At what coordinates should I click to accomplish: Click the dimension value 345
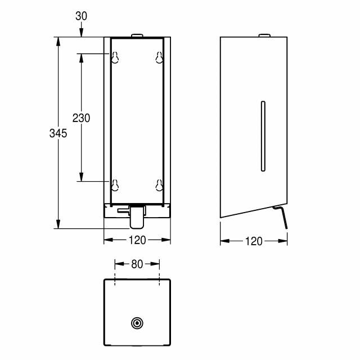click(x=58, y=133)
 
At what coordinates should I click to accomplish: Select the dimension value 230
click(x=81, y=118)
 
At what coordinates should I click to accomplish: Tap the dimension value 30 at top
click(x=81, y=16)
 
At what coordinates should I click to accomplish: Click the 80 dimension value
click(x=137, y=264)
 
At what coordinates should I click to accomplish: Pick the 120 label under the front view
click(x=137, y=240)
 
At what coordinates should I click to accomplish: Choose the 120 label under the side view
click(x=254, y=241)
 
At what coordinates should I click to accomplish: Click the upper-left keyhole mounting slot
click(x=115, y=57)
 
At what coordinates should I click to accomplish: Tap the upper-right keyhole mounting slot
click(x=159, y=57)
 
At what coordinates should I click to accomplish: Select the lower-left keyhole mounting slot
click(x=115, y=185)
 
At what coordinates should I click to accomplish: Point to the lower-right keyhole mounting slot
click(x=159, y=185)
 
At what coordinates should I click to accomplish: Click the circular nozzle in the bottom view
click(x=137, y=323)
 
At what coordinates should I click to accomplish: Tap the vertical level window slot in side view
click(x=263, y=136)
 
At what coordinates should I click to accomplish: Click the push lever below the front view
click(x=137, y=217)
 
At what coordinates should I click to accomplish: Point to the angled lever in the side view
click(x=280, y=217)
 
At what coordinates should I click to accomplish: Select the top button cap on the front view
click(x=137, y=35)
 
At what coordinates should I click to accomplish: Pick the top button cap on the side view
click(x=264, y=35)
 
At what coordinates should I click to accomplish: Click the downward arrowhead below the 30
click(x=81, y=33)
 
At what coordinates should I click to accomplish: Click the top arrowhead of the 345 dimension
click(x=58, y=41)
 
